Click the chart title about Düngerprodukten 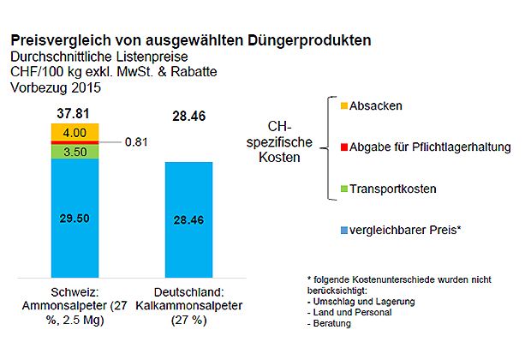coord(190,40)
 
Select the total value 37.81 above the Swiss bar coord(74,111)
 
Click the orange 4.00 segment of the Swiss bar coord(75,132)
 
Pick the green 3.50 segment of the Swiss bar coord(75,151)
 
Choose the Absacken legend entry coord(366,105)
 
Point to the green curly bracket coord(329,147)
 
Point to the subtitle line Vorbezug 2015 coord(55,87)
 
